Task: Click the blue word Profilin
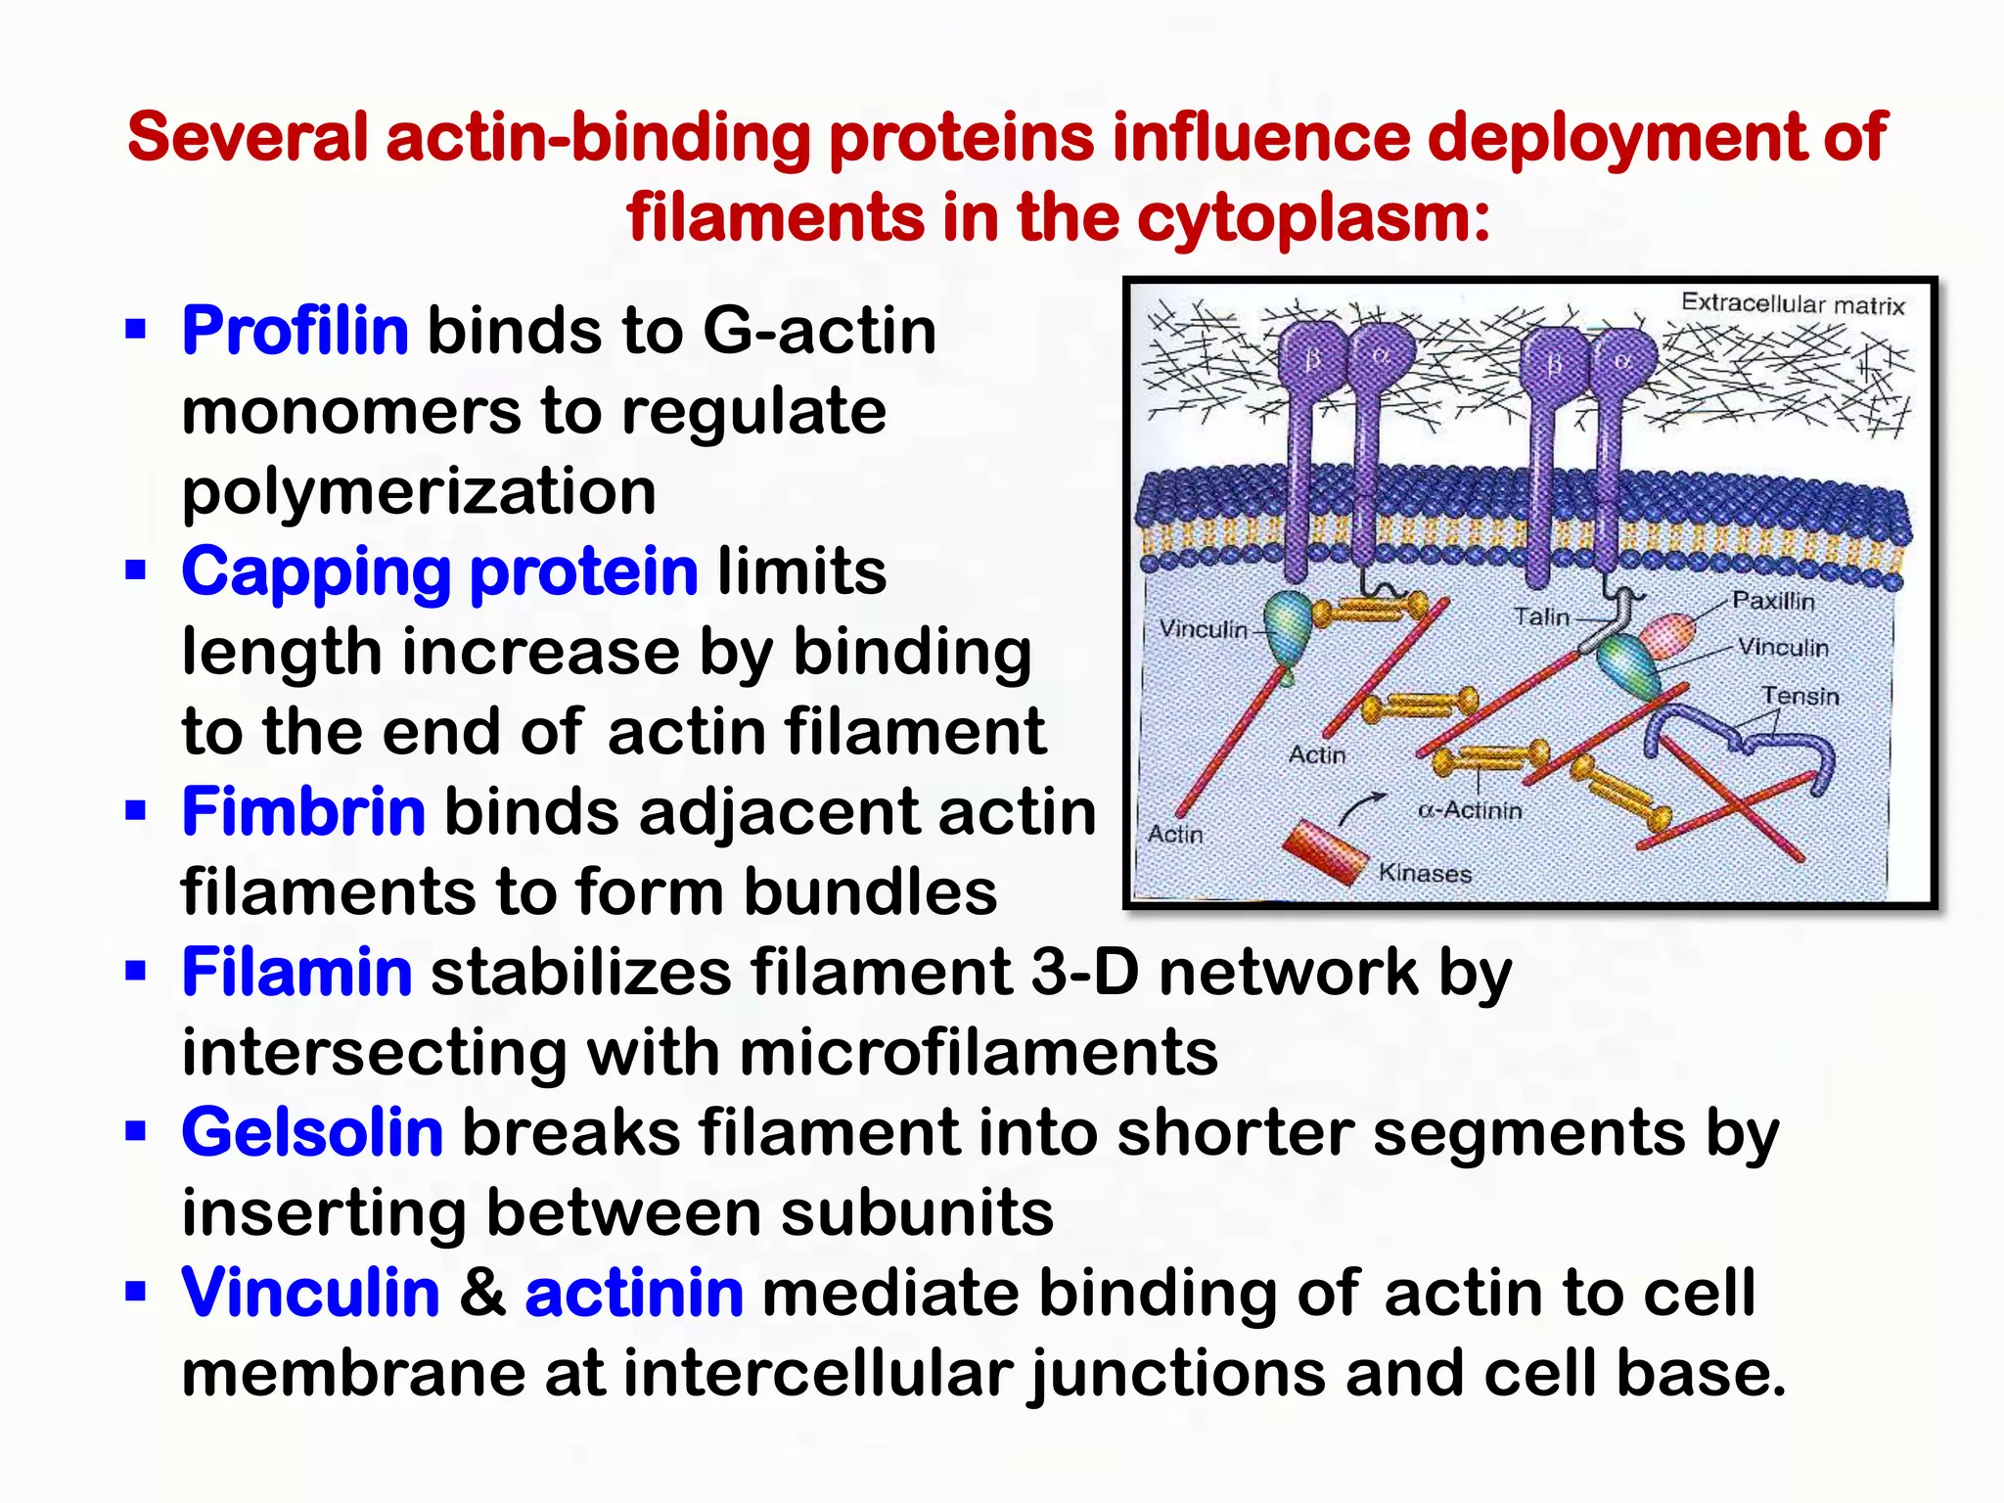[295, 331]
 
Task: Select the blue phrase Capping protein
[439, 571]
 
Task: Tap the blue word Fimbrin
[303, 812]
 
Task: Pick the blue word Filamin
[296, 973]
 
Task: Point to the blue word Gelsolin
[312, 1133]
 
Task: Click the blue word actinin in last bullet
[634, 1294]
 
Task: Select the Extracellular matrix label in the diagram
[1793, 304]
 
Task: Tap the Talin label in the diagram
[1541, 616]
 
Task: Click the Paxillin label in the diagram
[1773, 601]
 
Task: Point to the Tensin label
[1800, 696]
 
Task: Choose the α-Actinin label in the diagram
[1470, 810]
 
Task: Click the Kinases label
[1425, 873]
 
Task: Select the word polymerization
[419, 491]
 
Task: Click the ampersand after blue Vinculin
[482, 1294]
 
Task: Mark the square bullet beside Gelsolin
[135, 1132]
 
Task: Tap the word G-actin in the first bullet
[820, 331]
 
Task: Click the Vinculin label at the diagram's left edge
[1204, 629]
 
